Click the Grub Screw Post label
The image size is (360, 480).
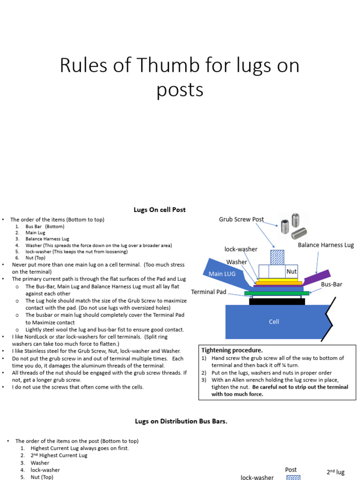point(241,219)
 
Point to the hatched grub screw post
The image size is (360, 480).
point(277,257)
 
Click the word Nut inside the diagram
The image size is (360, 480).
point(292,271)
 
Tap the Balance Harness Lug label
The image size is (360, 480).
point(326,245)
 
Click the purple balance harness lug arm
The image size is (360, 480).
point(319,277)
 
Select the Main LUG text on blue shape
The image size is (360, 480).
point(222,273)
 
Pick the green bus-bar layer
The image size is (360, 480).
point(277,293)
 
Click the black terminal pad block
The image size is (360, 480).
point(277,301)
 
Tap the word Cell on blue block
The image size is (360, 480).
point(274,322)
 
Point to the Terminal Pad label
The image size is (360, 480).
point(209,292)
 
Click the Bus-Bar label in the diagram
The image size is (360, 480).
point(331,284)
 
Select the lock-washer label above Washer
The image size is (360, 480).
point(241,249)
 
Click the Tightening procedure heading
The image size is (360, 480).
point(232,350)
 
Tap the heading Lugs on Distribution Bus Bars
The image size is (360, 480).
point(181,421)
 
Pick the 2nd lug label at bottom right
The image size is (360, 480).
point(336,472)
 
